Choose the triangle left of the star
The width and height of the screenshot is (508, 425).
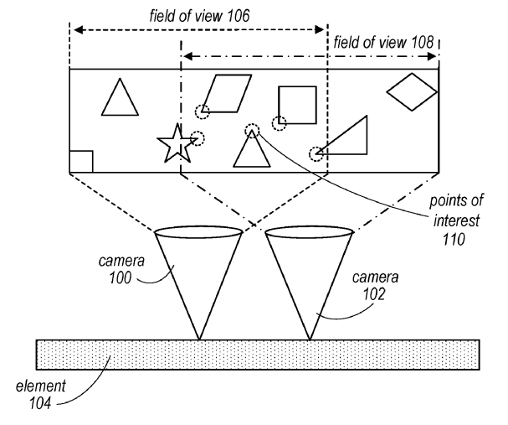tap(120, 97)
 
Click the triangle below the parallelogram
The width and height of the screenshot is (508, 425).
tap(249, 152)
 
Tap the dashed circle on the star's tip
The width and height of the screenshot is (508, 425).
tap(197, 139)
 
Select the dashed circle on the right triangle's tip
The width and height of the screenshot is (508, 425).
tap(316, 153)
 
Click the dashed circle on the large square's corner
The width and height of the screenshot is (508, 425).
tap(280, 123)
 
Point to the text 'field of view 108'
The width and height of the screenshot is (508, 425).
tap(384, 39)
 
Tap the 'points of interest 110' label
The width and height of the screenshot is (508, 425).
tap(459, 220)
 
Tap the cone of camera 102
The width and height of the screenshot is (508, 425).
tap(310, 268)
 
